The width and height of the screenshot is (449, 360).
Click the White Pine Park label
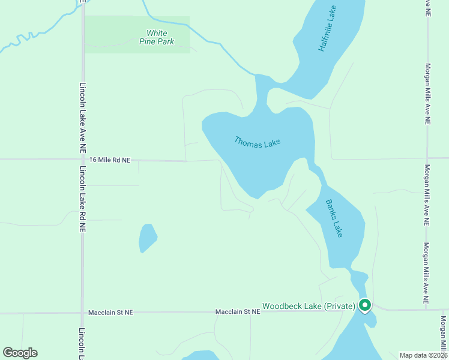point(157,37)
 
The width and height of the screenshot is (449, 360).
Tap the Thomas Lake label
point(258,143)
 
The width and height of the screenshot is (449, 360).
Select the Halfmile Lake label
point(328,29)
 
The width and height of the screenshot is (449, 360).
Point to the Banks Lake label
point(334,218)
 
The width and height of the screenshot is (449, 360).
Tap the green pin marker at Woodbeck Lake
point(364,305)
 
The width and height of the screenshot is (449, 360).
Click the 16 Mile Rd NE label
point(109,160)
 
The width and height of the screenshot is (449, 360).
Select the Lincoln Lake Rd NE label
point(82,200)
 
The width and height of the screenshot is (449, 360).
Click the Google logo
point(20,353)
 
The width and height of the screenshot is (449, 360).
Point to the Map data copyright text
point(423,355)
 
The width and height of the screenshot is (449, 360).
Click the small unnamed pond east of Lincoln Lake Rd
point(147,238)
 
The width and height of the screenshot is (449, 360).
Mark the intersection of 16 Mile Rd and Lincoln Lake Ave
point(82,160)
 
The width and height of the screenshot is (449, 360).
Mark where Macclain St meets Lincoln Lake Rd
point(82,313)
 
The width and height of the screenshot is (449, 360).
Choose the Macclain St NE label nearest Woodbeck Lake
point(238,312)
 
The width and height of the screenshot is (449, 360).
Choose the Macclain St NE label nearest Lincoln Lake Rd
point(110,313)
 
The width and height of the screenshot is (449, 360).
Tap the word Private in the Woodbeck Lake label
point(340,307)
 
